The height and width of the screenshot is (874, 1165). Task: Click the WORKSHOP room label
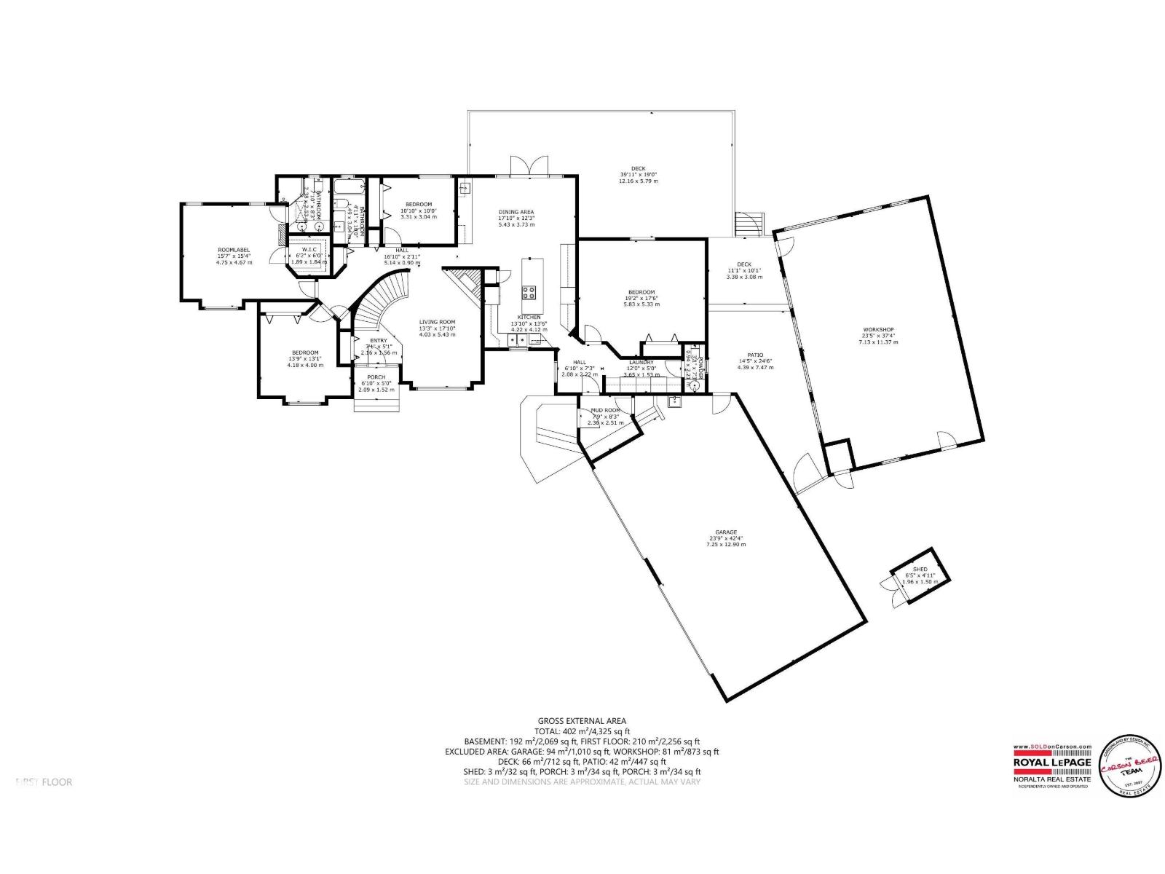pos(878,329)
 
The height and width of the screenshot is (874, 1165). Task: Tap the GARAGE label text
pos(725,532)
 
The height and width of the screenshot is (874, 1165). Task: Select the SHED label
pos(920,569)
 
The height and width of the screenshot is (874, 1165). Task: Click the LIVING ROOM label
pos(437,322)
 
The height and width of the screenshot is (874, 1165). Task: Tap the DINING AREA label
pos(516,212)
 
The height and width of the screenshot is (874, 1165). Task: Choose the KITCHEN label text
pos(529,317)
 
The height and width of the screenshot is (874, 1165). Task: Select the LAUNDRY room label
pos(641,362)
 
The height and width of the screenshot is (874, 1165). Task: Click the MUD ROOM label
pos(605,411)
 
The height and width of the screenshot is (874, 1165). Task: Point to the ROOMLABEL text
pos(233,250)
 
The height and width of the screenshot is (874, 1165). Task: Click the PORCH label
pos(376,377)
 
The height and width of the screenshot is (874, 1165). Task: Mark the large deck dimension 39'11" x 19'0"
pos(638,175)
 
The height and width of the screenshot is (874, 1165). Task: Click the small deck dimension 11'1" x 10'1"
pos(743,271)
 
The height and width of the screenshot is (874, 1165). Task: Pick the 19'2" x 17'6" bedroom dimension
pos(641,299)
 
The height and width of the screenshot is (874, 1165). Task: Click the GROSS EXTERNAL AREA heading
pos(582,721)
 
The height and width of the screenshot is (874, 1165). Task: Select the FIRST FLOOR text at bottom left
pos(44,782)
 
